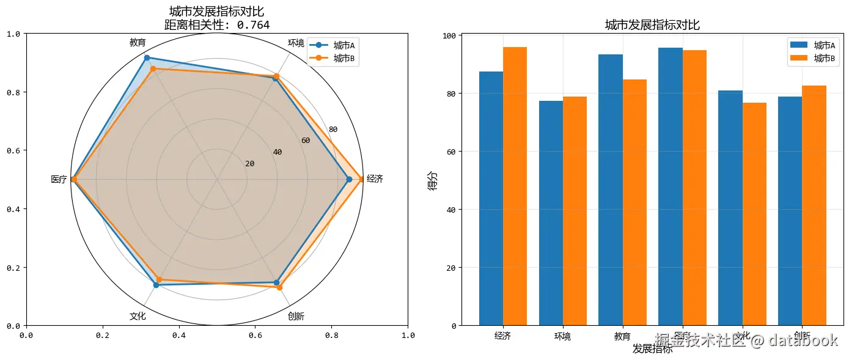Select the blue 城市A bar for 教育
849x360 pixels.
(x=611, y=189)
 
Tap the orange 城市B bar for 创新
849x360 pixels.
(x=814, y=205)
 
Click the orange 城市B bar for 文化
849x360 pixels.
(x=754, y=214)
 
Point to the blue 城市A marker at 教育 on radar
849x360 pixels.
(x=146, y=58)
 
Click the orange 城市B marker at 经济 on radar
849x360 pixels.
(x=362, y=179)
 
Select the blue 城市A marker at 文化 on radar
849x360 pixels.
(x=156, y=285)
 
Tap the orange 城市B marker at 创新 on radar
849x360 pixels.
(x=280, y=287)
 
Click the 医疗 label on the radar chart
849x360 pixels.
(x=59, y=180)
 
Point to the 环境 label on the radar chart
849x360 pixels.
(x=296, y=43)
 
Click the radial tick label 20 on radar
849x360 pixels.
(x=249, y=164)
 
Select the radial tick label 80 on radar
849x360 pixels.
(x=333, y=130)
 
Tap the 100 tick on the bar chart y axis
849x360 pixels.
(x=449, y=35)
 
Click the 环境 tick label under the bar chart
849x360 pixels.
(x=562, y=336)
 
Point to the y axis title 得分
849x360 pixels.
(x=433, y=180)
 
